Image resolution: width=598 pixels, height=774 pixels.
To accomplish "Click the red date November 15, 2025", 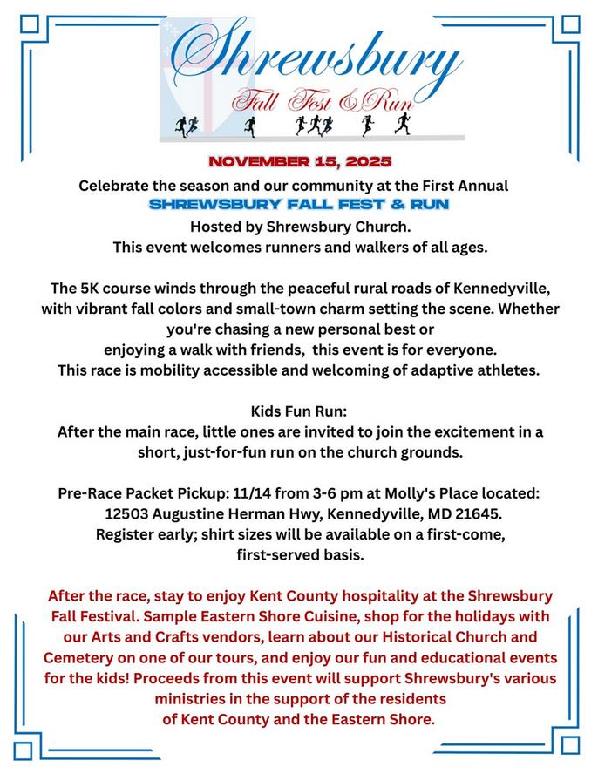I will click(x=299, y=162).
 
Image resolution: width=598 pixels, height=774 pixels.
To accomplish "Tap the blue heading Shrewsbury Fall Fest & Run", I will click(x=299, y=206).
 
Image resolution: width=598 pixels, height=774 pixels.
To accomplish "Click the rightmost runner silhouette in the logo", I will click(x=402, y=126).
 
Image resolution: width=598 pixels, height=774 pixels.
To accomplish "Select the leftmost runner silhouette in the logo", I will click(x=180, y=126).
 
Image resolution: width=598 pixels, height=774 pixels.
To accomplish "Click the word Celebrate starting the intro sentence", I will click(x=112, y=186).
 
